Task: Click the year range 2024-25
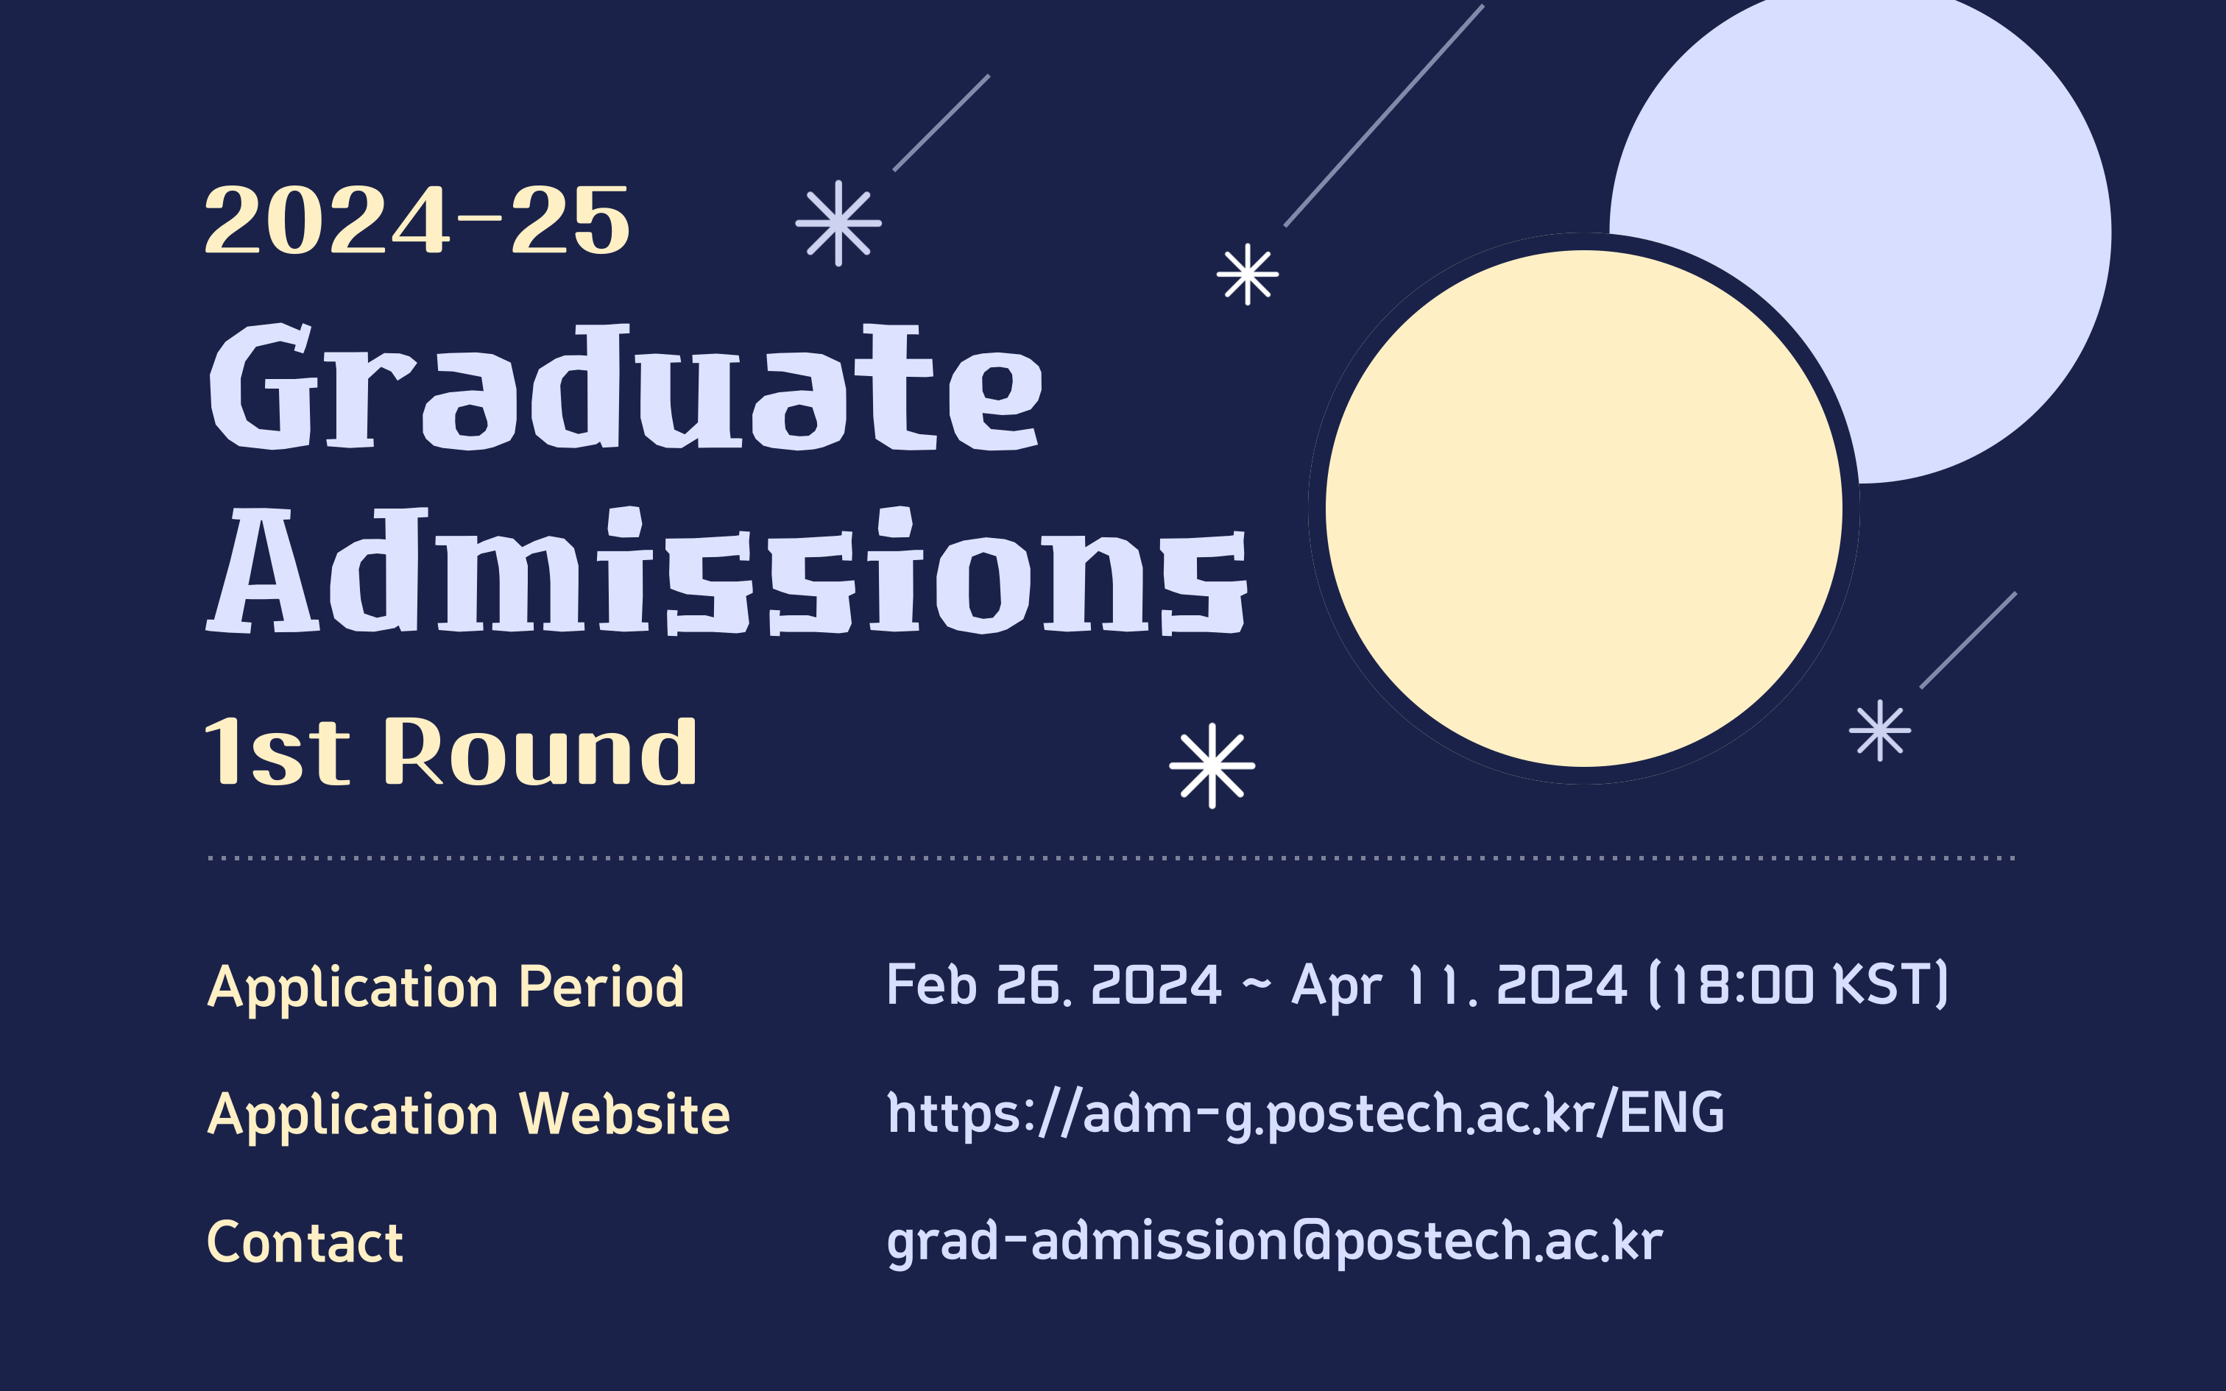(x=417, y=220)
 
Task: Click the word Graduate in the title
(x=626, y=386)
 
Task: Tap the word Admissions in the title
(x=726, y=570)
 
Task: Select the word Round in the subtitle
(x=541, y=751)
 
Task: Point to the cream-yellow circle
(x=1583, y=508)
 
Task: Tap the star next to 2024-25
(x=838, y=222)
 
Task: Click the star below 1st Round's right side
(x=1212, y=765)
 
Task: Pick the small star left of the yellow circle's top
(x=1247, y=274)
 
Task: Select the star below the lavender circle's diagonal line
(x=1880, y=730)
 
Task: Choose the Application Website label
(x=469, y=1116)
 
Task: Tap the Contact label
(x=305, y=1243)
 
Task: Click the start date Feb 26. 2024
(x=1054, y=985)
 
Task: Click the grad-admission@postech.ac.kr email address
(x=1275, y=1242)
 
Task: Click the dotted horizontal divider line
(x=1112, y=858)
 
